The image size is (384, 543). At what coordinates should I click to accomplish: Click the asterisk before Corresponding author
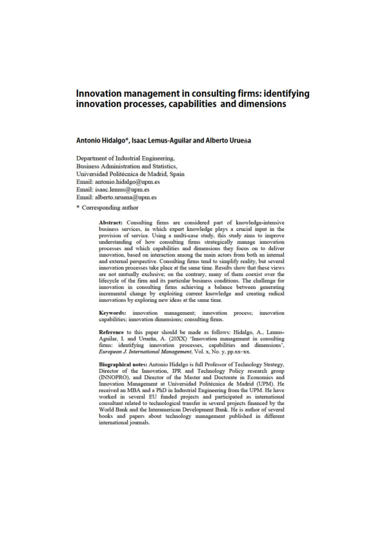click(78, 208)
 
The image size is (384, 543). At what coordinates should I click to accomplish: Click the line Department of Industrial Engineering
click(125, 158)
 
